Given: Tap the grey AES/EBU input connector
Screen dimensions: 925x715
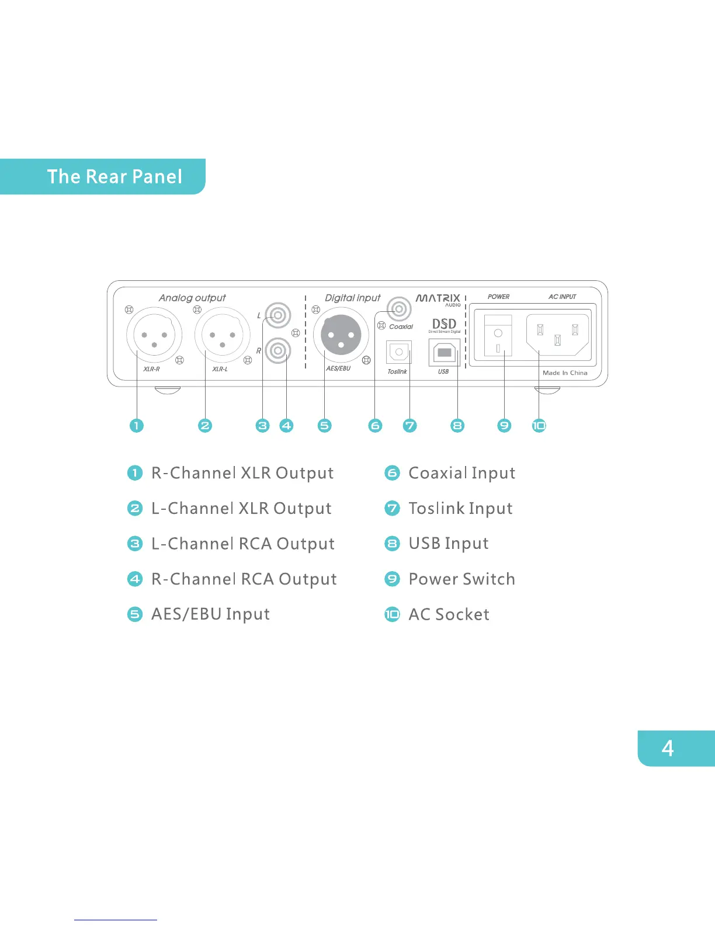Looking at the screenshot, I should click(341, 335).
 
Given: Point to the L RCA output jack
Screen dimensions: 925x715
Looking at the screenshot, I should click(278, 316).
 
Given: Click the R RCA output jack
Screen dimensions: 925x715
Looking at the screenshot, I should click(278, 351).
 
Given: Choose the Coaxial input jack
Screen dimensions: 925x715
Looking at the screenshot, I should click(399, 308).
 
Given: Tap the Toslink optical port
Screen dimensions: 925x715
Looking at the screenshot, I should click(399, 352).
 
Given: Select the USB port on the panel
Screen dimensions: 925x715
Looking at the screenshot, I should click(444, 353).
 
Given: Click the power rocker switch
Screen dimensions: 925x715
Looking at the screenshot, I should click(498, 336).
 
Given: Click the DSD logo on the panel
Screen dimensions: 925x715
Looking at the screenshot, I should click(444, 325).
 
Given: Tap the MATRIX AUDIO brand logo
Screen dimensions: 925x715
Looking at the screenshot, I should click(438, 300).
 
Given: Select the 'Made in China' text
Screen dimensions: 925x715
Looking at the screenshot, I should click(565, 373).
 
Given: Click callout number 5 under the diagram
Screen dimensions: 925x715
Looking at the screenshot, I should click(325, 426).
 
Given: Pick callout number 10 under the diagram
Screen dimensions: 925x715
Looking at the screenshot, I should click(539, 426).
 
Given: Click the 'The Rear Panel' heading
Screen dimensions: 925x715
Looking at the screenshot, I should click(114, 176).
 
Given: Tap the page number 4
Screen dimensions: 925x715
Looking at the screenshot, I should click(668, 748).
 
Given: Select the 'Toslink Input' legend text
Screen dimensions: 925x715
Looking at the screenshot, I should click(460, 509).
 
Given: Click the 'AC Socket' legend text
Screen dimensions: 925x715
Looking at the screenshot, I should click(449, 614).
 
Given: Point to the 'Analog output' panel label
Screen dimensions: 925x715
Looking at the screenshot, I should click(192, 298).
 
